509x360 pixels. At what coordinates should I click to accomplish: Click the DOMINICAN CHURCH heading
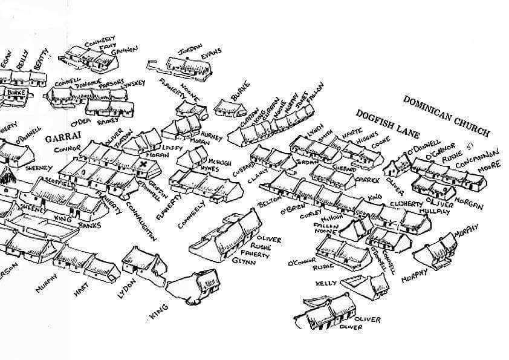point(446,116)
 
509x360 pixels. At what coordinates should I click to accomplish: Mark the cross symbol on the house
point(143,165)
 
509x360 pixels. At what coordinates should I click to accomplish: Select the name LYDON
point(127,288)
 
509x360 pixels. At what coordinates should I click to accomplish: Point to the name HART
point(80,289)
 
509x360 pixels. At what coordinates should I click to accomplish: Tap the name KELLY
point(326,283)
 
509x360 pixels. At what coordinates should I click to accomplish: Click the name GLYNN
point(244,260)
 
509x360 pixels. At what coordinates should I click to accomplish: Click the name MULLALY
point(433,212)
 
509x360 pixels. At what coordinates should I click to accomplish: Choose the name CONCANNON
point(485,158)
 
